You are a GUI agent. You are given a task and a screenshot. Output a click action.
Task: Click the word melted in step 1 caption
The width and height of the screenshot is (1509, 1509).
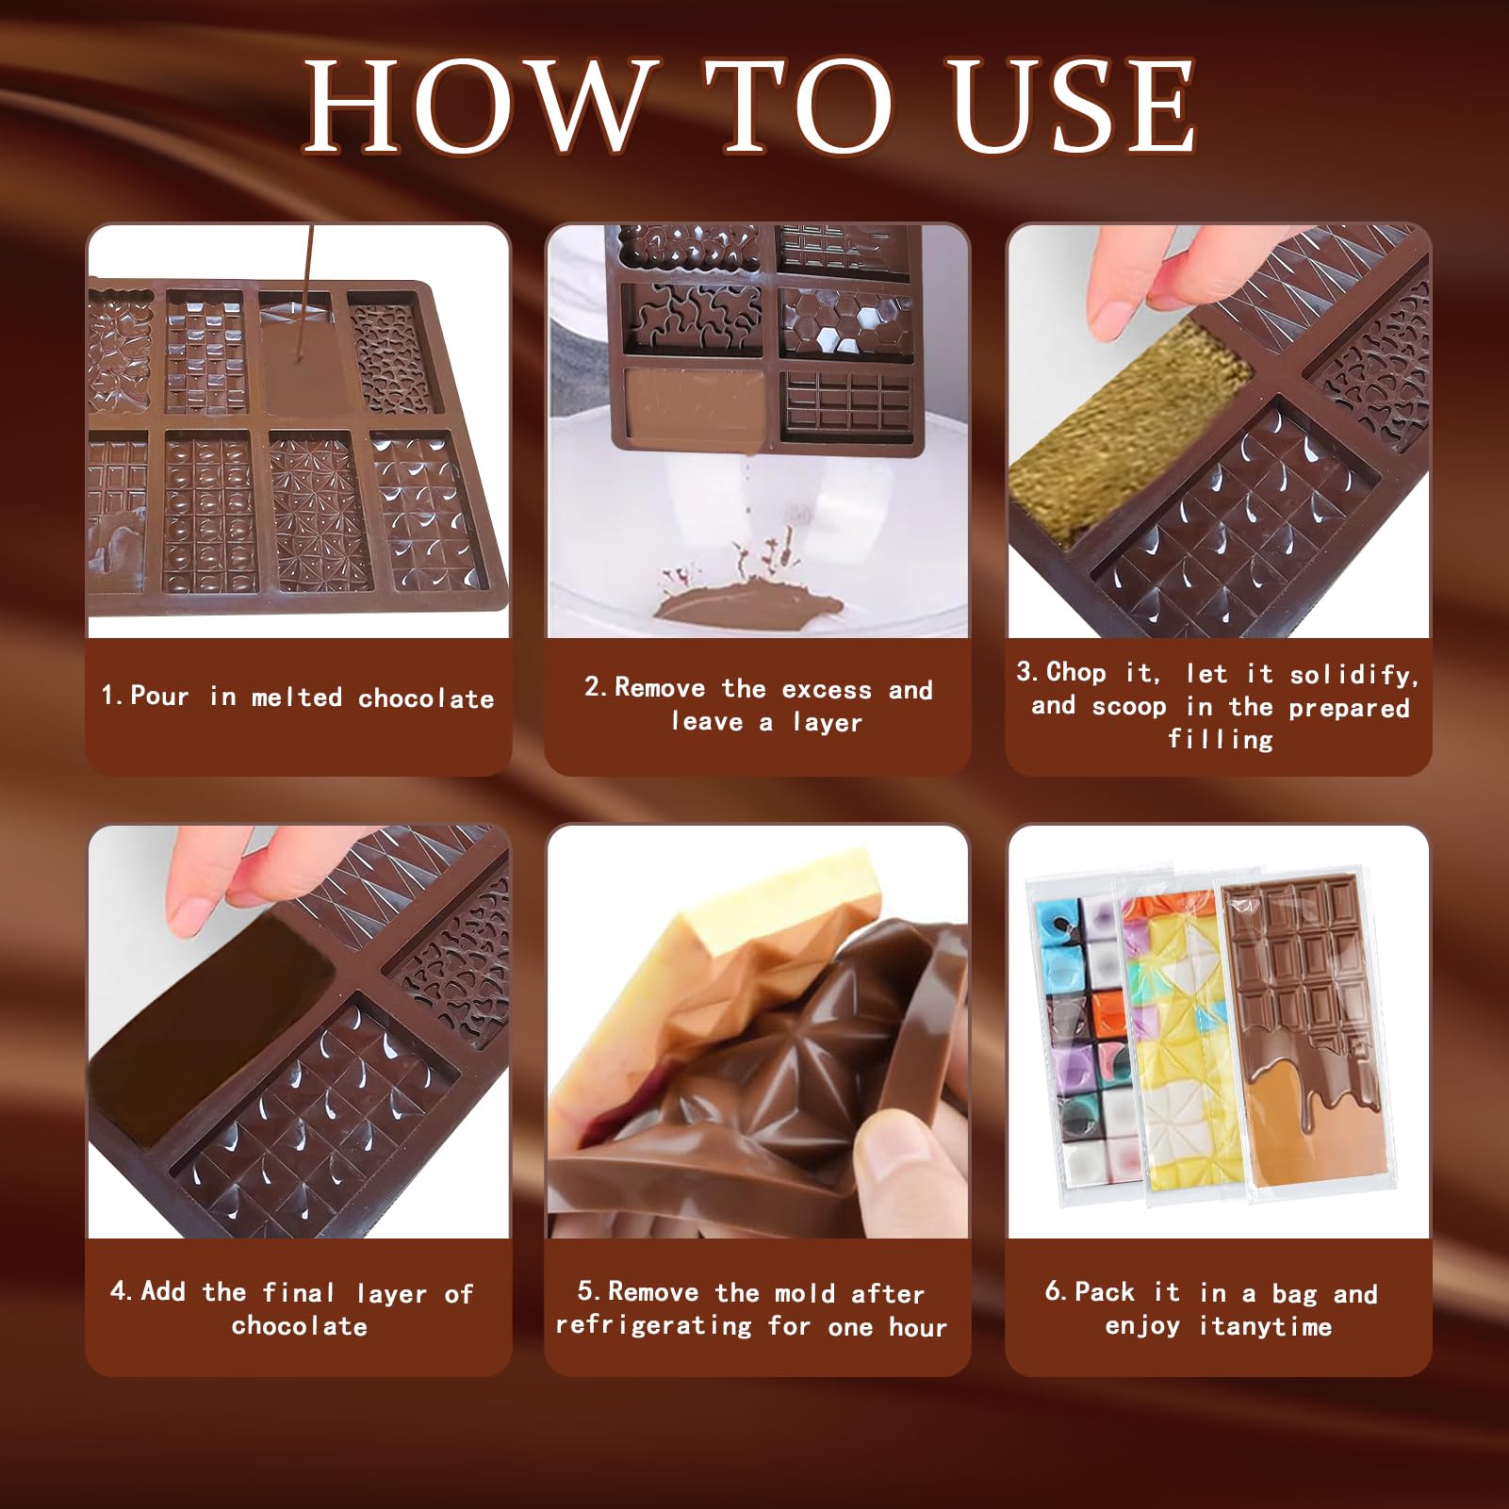pyautogui.click(x=297, y=697)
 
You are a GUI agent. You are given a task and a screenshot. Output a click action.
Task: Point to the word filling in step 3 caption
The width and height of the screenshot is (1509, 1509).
pyautogui.click(x=1221, y=739)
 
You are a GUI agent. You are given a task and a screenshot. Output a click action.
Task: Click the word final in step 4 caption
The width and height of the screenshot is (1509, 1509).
pyautogui.click(x=299, y=1292)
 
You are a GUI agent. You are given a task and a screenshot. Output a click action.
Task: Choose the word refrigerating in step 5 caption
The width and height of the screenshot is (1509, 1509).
pyautogui.click(x=653, y=1325)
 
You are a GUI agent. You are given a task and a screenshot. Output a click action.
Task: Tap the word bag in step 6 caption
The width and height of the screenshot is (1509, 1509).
pyautogui.click(x=1293, y=1293)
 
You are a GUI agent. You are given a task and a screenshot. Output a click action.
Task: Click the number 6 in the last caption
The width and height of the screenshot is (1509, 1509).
pyautogui.click(x=1053, y=1291)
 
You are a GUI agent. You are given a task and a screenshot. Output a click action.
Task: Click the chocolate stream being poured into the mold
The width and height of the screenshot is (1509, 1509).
pyautogui.click(x=304, y=302)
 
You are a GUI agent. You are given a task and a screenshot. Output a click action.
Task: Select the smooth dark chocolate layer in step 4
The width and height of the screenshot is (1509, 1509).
pyautogui.click(x=212, y=1027)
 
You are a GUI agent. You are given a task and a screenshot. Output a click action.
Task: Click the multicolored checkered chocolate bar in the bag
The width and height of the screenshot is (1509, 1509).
pyautogui.click(x=1084, y=1037)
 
